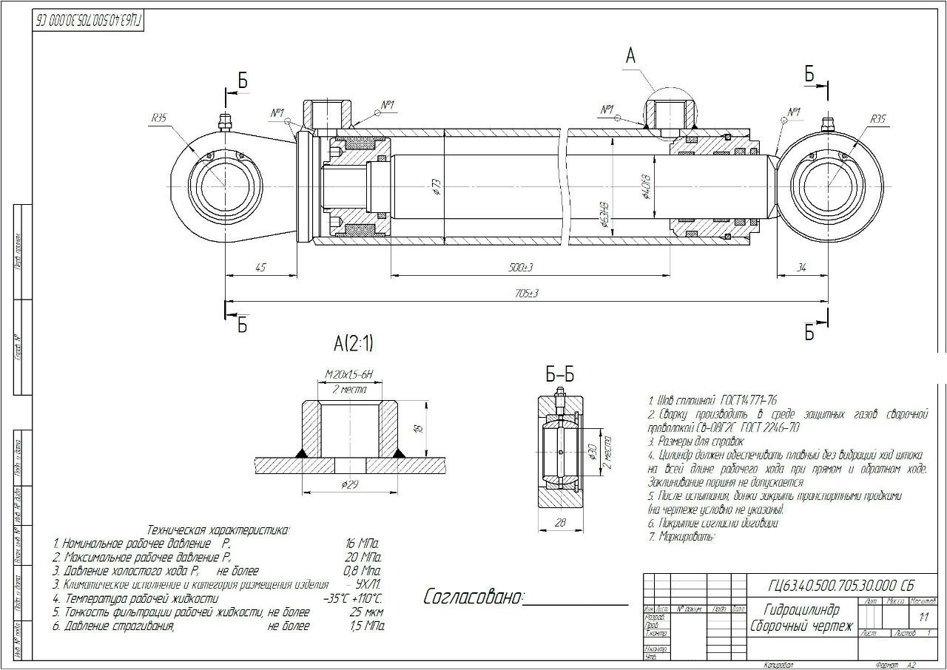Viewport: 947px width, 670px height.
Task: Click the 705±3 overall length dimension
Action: [527, 294]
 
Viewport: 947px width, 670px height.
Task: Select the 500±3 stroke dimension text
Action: [522, 267]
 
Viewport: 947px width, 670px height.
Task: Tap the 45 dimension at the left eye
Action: [260, 267]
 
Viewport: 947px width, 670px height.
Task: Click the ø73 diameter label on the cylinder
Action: [437, 186]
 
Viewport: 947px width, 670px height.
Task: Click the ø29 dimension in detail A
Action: [351, 484]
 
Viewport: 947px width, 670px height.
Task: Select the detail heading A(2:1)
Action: [354, 343]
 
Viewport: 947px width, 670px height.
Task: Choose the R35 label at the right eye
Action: [877, 118]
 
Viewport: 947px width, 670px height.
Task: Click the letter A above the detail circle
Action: [630, 55]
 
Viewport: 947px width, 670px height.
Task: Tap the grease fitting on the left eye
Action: [224, 121]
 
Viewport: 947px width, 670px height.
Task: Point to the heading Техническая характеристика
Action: [219, 529]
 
